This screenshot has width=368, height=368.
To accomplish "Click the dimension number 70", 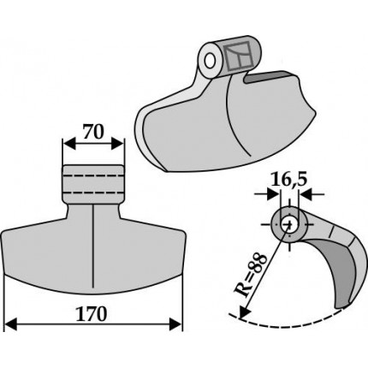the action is pyautogui.click(x=93, y=132).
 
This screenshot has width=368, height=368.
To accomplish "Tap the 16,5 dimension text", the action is pyautogui.click(x=289, y=180).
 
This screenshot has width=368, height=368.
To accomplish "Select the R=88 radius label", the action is pyautogui.click(x=251, y=276).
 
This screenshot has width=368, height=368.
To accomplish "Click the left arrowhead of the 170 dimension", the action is pyautogui.click(x=11, y=325).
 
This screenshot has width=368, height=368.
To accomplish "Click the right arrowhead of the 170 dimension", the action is pyautogui.click(x=175, y=325).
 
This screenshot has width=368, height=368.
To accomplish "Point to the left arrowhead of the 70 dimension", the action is pyautogui.click(x=69, y=144).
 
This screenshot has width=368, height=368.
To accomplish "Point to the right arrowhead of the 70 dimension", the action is pyautogui.click(x=117, y=144).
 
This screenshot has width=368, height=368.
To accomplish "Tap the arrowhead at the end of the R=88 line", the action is pyautogui.click(x=244, y=312).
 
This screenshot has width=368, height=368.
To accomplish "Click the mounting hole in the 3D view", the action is pyautogui.click(x=210, y=61).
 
